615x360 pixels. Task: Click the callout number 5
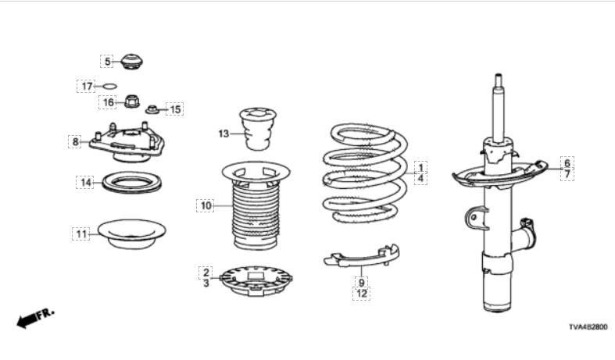pyautogui.click(x=107, y=62)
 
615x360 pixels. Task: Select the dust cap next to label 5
pyautogui.click(x=131, y=62)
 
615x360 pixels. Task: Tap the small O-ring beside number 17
pyautogui.click(x=110, y=86)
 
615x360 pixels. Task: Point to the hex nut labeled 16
pyautogui.click(x=132, y=102)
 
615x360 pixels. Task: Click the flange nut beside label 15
pyautogui.click(x=152, y=109)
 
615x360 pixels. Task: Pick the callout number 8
pyautogui.click(x=75, y=141)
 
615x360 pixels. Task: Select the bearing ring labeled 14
pyautogui.click(x=131, y=182)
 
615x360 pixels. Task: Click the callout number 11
pyautogui.click(x=81, y=234)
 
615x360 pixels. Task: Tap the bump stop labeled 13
pyautogui.click(x=258, y=129)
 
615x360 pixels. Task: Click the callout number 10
pyautogui.click(x=206, y=205)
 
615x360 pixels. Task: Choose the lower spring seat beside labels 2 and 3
pyautogui.click(x=256, y=281)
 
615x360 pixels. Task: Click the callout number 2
pyautogui.click(x=206, y=273)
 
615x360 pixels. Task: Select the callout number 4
pyautogui.click(x=420, y=178)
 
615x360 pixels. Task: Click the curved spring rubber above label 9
pyautogui.click(x=362, y=258)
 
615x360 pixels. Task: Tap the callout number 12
pyautogui.click(x=361, y=294)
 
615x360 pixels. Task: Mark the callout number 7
pyautogui.click(x=567, y=173)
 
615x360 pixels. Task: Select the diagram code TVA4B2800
pyautogui.click(x=588, y=326)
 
